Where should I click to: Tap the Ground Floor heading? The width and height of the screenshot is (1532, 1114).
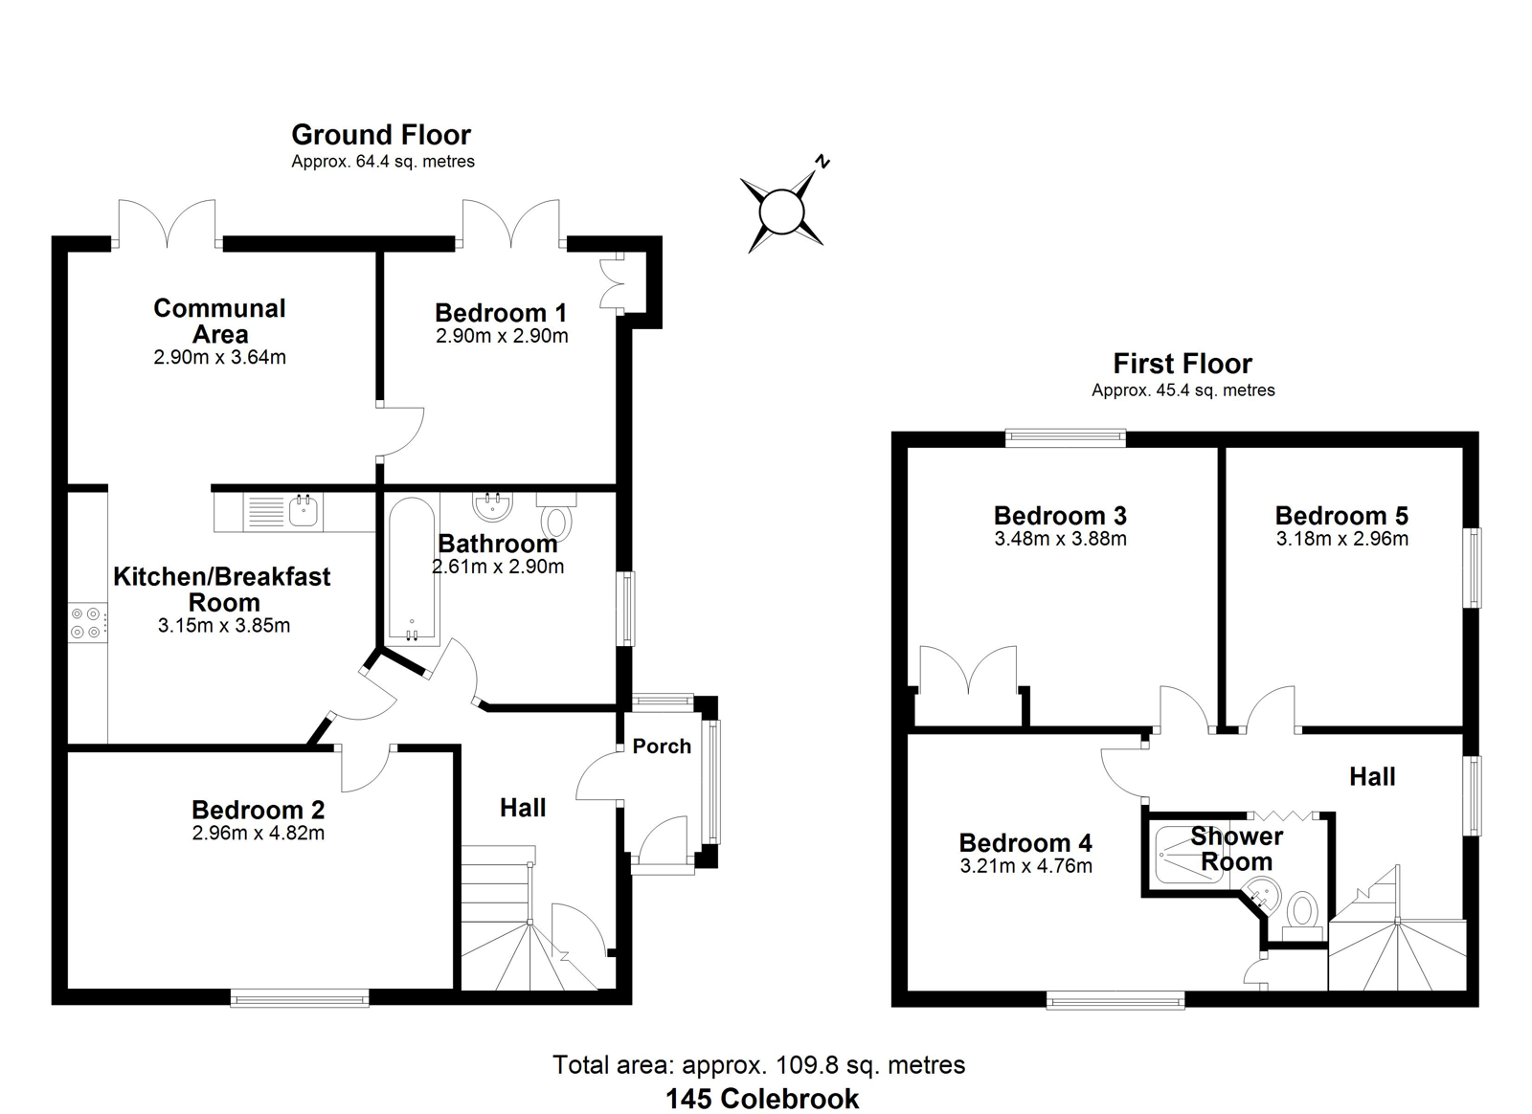[x=381, y=135]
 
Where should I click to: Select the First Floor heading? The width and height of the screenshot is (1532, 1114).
[x=1183, y=364]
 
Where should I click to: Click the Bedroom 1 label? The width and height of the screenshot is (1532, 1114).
[x=502, y=313]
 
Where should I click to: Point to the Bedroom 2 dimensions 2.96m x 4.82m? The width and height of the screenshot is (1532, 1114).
[x=259, y=834]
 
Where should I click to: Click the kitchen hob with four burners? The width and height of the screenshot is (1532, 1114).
[x=87, y=623]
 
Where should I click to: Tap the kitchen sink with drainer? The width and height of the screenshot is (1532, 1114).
[x=283, y=512]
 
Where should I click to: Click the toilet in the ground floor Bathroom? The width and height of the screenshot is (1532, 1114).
[x=556, y=517]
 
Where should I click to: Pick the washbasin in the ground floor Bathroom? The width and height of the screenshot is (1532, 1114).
[x=492, y=505]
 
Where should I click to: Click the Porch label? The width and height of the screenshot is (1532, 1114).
[x=662, y=746]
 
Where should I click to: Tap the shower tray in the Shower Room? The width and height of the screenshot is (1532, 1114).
[x=1188, y=855]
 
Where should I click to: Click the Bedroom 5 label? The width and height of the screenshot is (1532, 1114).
[x=1341, y=515]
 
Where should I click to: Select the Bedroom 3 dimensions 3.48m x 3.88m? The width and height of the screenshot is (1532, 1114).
[x=1061, y=539]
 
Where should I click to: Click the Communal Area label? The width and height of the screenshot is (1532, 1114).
[x=219, y=322]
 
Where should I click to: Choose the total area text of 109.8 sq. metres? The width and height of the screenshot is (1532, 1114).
[x=759, y=1065]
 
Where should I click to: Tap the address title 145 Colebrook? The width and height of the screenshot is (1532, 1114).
[x=762, y=1099]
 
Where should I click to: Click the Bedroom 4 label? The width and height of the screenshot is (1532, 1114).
[x=1025, y=842]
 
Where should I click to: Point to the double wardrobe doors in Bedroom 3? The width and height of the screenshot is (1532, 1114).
[x=968, y=670]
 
